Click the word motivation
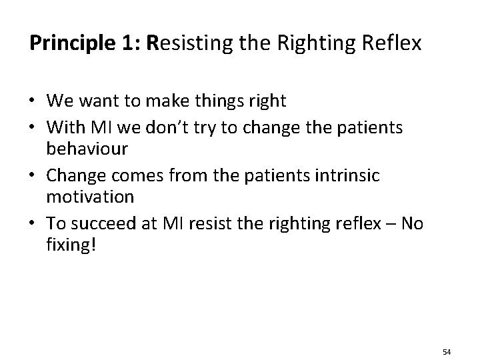(x=90, y=197)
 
